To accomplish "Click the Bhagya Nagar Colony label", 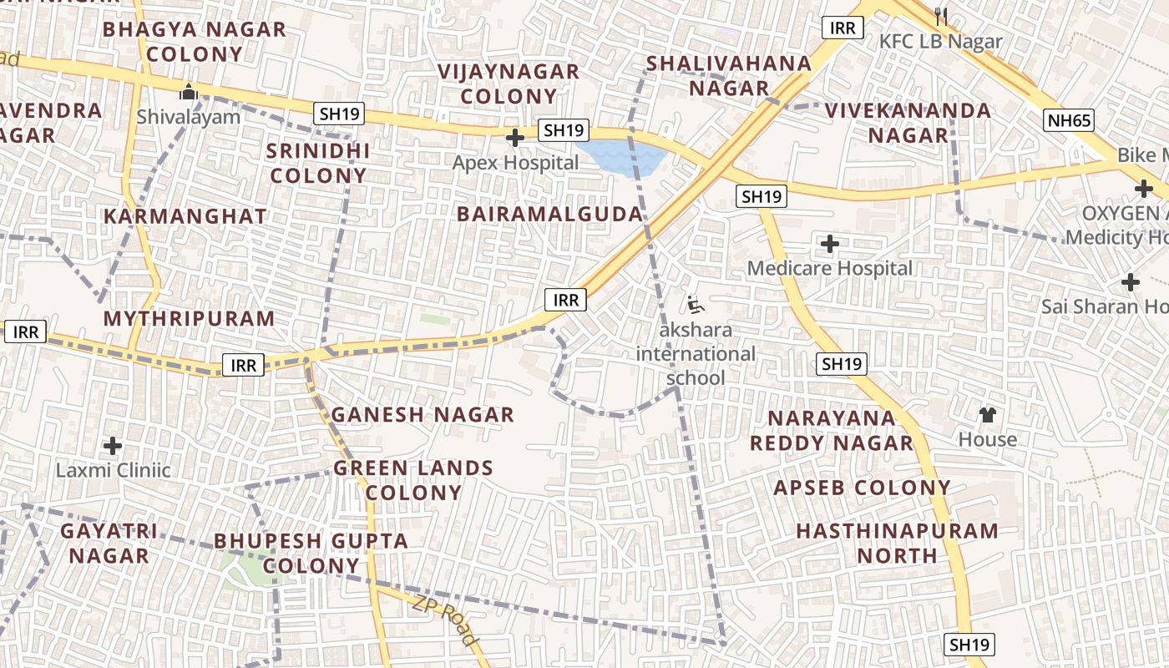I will (194, 42).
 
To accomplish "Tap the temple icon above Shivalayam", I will (189, 91).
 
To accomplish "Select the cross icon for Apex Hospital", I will (515, 137).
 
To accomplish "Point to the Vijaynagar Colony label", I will (509, 83).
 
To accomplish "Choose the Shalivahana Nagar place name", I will (728, 75).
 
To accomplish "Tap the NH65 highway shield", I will (1069, 121).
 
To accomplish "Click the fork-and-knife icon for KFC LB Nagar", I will (941, 16).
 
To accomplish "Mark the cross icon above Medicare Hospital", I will (829, 244).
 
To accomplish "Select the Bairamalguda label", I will (550, 215).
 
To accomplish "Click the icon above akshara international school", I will (695, 304).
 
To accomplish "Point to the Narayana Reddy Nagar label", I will (832, 430).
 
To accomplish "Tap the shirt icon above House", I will (988, 414).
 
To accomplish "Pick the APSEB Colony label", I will (863, 488).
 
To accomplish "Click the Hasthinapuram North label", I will (897, 543).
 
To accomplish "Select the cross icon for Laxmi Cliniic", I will (113, 446).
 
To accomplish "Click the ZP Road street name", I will (446, 620).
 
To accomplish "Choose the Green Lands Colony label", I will (413, 480).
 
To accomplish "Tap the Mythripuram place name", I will (189, 318).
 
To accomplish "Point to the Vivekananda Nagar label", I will (908, 122).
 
